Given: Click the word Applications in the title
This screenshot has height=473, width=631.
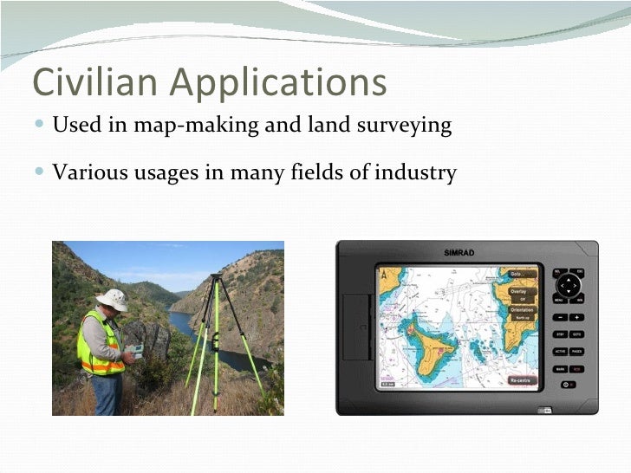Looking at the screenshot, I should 277,84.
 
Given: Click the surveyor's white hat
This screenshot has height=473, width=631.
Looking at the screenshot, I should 112,298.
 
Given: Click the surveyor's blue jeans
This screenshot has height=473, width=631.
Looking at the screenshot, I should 107,394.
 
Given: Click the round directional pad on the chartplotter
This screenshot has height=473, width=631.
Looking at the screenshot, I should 568,285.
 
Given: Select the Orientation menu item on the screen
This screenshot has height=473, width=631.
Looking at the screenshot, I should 522,309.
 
